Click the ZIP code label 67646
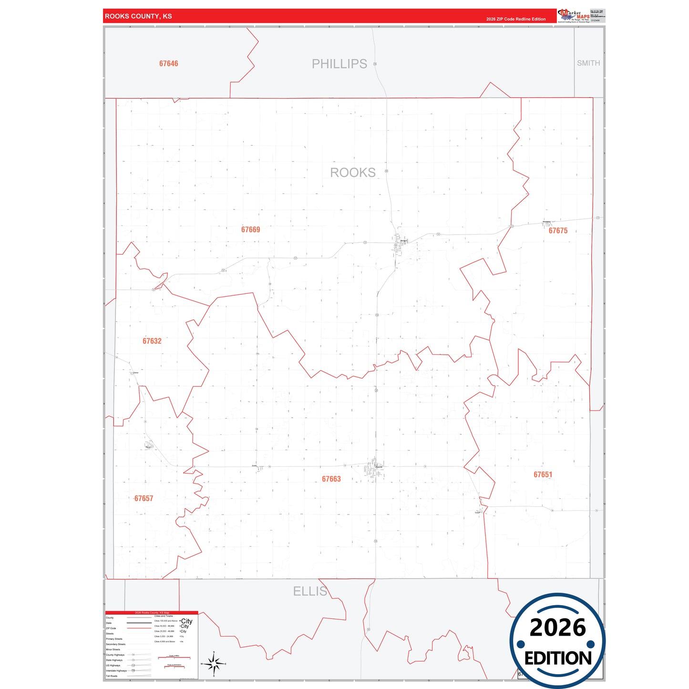coord(169,63)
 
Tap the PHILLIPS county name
coord(339,64)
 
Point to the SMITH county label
coord(588,63)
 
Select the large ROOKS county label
coord(353,173)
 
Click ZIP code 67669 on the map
coord(251,230)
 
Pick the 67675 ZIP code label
coord(558,231)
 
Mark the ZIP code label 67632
coord(152,341)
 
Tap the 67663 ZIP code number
coord(331,479)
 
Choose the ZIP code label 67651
coord(543,475)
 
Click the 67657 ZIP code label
coord(144,499)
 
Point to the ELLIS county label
coord(310,592)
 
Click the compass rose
coord(214,664)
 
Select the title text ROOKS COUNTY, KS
coord(138,16)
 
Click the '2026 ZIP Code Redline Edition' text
coord(516,19)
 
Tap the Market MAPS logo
coord(574,16)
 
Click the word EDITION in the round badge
coord(558,658)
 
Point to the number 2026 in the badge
coord(558,628)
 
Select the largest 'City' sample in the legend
coord(186,621)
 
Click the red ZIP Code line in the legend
coord(139,628)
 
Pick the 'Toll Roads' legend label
coord(112,676)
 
